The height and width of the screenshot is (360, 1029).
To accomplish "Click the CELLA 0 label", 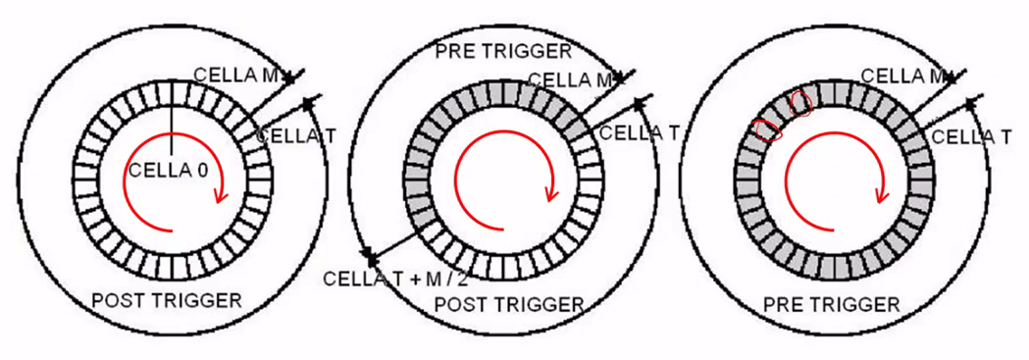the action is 169,171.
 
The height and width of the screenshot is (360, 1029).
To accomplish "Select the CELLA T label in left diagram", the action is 296,135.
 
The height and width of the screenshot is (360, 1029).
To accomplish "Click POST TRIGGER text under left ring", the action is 167,301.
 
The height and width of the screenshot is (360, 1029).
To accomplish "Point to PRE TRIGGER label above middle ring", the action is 504,51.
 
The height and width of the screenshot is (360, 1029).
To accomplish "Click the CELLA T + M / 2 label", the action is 394,278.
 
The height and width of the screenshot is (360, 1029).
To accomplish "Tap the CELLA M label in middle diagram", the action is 569,79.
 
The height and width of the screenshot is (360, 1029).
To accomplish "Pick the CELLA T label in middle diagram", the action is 639,132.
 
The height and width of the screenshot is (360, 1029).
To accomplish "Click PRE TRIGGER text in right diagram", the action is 831,304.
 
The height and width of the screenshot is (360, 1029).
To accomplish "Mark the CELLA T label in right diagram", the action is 971,136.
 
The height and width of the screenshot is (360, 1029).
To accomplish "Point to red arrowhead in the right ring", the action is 883,194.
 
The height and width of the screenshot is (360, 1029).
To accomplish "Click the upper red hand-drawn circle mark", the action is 800,104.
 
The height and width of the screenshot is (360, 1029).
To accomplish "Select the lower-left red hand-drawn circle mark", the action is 768,130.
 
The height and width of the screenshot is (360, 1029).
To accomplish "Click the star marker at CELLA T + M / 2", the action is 367,254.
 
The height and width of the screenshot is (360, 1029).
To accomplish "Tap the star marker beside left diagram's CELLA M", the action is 287,78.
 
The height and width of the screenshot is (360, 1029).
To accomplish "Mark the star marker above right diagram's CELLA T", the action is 969,104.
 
